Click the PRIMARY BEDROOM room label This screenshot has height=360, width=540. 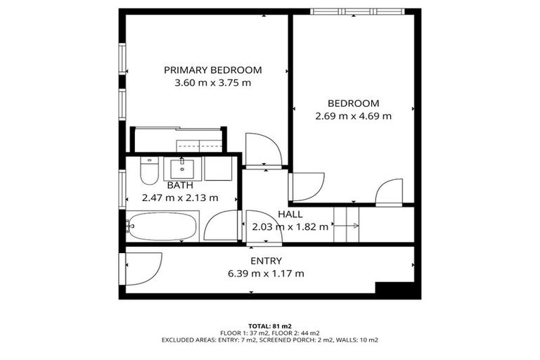212,70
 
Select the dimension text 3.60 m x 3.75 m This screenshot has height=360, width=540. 212,82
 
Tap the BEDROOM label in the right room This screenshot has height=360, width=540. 353,103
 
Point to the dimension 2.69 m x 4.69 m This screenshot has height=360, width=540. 353,116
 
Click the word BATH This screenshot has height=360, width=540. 180,185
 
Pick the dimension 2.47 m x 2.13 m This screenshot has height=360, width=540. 180,198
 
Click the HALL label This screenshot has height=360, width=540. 290,214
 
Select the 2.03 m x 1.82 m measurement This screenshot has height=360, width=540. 290,226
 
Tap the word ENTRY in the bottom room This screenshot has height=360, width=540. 266,260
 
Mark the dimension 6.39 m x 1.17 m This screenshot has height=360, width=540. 266,273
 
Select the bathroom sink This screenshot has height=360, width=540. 183,168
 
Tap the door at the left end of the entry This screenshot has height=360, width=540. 142,269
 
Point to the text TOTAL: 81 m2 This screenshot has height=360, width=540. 270,326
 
